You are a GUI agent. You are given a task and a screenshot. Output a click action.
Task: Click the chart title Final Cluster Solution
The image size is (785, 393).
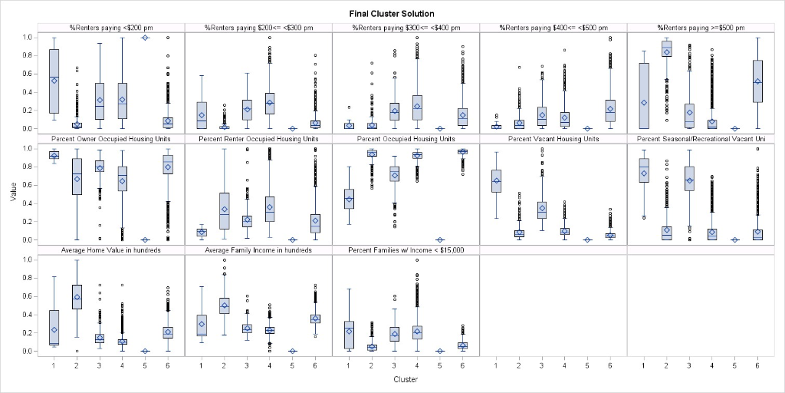(x=392, y=14)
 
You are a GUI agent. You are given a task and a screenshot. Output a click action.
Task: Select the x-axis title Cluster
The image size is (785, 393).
(x=406, y=379)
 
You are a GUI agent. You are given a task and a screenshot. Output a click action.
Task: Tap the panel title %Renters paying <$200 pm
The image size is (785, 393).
(x=111, y=28)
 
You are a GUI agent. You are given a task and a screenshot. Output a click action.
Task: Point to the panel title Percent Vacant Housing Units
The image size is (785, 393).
(x=553, y=139)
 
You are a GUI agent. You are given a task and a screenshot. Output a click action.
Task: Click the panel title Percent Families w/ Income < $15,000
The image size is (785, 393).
(x=406, y=250)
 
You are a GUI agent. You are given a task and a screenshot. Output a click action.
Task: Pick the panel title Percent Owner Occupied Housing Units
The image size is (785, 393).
(x=111, y=139)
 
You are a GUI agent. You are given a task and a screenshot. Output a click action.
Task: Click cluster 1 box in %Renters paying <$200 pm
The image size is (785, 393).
(x=54, y=81)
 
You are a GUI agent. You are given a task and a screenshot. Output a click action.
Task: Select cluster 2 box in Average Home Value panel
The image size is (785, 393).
(x=77, y=296)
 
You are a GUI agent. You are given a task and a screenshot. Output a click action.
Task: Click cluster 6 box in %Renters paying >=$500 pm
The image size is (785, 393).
(x=757, y=81)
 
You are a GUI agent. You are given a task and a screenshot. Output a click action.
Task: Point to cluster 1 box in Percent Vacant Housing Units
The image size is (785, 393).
(x=496, y=181)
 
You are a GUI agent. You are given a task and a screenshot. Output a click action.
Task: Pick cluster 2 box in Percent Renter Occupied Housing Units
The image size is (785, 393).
(x=224, y=210)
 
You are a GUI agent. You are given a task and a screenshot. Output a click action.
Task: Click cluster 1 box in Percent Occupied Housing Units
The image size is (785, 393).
(x=349, y=199)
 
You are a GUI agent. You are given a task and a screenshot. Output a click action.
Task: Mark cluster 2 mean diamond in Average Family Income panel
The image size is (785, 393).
(x=224, y=305)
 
